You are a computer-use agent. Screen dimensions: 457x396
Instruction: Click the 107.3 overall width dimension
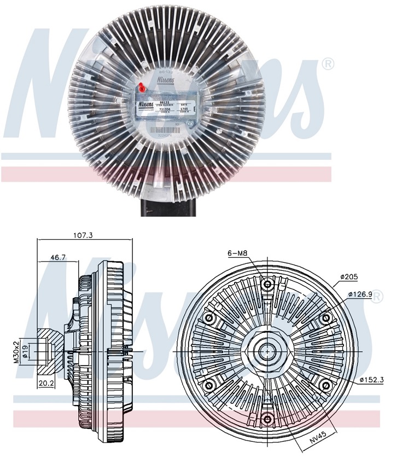click(x=83, y=235)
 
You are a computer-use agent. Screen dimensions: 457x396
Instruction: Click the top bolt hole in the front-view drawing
click(x=267, y=284)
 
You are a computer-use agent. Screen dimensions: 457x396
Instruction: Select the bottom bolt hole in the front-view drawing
click(x=267, y=419)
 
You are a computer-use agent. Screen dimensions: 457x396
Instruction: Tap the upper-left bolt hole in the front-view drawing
click(x=208, y=318)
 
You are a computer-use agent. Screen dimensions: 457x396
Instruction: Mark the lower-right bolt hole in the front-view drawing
click(x=325, y=385)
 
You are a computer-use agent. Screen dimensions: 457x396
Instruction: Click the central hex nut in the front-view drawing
click(x=267, y=351)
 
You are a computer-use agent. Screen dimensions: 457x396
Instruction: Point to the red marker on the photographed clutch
click(x=142, y=86)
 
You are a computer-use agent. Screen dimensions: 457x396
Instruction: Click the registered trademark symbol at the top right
click(x=327, y=65)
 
